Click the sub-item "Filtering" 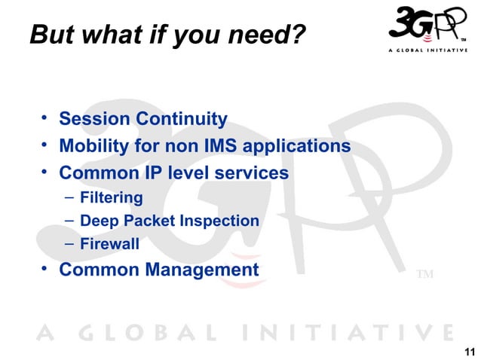tap(112, 198)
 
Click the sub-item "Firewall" tap(109, 244)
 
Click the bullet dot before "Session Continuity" tap(45, 118)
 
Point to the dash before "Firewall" tap(69, 244)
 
